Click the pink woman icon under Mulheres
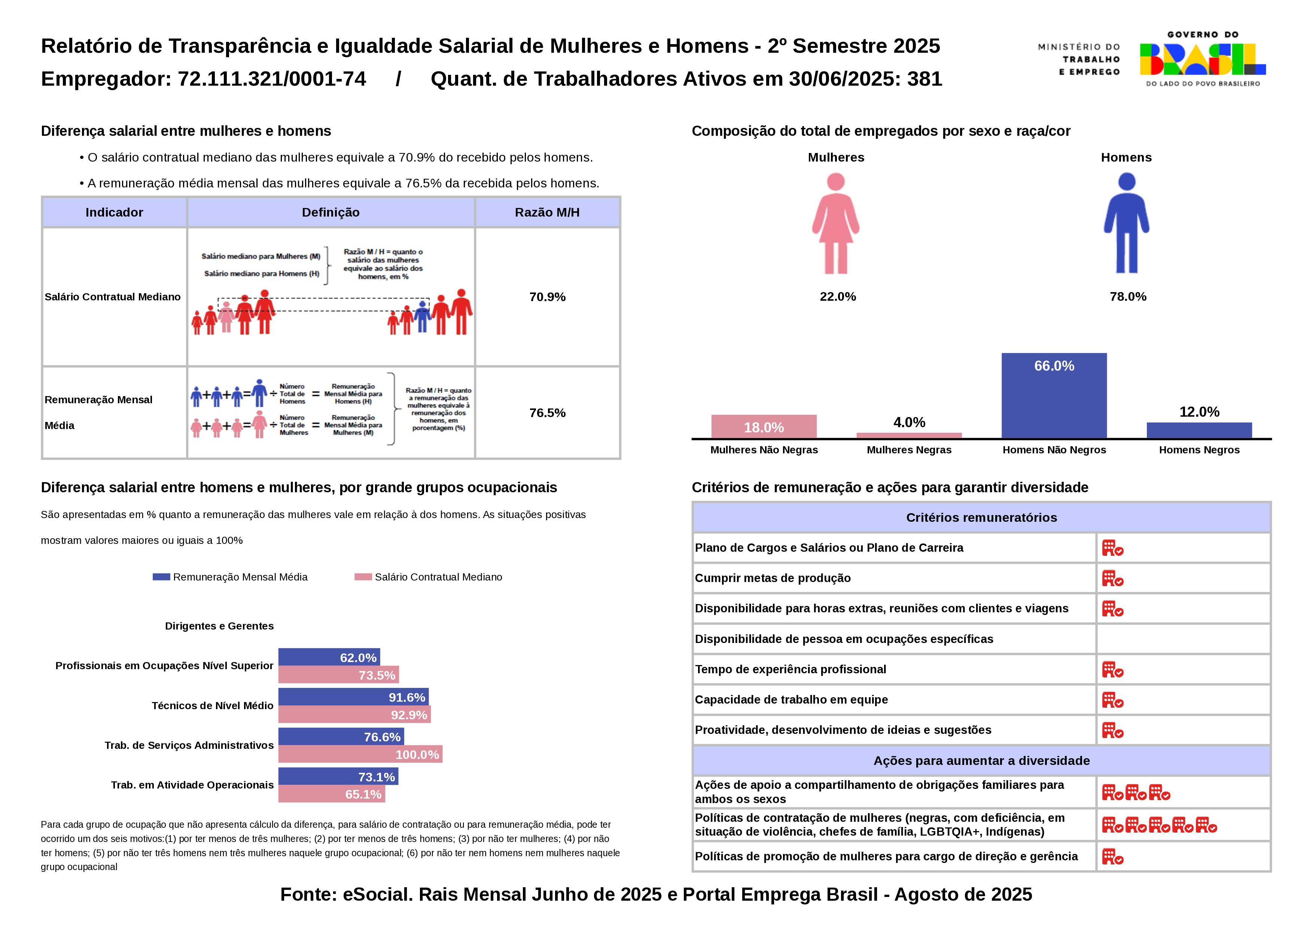coord(835,224)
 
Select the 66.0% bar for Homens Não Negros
coord(1054,395)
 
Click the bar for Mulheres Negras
coord(909,435)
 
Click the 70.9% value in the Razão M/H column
coord(547,297)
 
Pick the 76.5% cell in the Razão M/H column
coord(547,413)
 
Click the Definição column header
coord(330,212)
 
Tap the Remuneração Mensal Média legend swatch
coord(161,577)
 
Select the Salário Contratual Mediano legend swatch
coord(363,577)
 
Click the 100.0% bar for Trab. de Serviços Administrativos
coord(360,754)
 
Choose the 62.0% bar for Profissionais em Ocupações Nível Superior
coord(329,657)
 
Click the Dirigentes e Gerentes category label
coord(219,626)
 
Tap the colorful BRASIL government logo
coord(1203,59)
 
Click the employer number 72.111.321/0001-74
coord(272,79)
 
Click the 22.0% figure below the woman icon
coord(838,297)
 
